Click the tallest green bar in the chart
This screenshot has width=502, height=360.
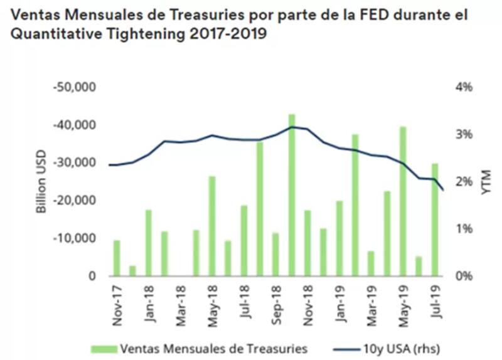click(291, 195)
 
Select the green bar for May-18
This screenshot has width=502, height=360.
click(212, 226)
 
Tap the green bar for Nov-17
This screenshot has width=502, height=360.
click(117, 258)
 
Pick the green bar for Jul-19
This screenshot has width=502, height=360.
click(434, 220)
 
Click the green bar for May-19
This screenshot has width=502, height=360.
click(403, 201)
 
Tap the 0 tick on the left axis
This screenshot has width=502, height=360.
click(91, 276)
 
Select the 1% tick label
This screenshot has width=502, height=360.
click(463, 229)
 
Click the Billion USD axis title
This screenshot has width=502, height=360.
click(42, 182)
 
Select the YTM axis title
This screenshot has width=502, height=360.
click(485, 182)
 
